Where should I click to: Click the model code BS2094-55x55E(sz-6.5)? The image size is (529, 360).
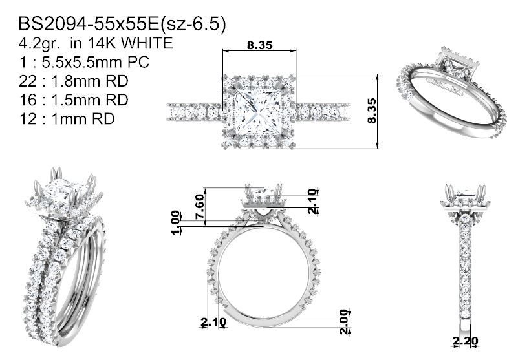tap(122, 25)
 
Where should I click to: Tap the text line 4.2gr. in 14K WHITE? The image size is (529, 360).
tap(96, 43)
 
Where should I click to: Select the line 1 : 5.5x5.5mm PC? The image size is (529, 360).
tap(84, 62)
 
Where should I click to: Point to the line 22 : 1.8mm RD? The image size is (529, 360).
tap(74, 81)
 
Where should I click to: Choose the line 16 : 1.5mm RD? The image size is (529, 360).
tap(74, 100)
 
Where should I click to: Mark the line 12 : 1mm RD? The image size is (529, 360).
tap(67, 119)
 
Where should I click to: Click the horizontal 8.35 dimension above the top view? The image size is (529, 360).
tap(259, 45)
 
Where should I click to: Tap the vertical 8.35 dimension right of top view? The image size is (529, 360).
tap(372, 111)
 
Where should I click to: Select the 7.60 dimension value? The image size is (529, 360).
tap(200, 206)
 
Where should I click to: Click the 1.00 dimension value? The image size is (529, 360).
tap(175, 222)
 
